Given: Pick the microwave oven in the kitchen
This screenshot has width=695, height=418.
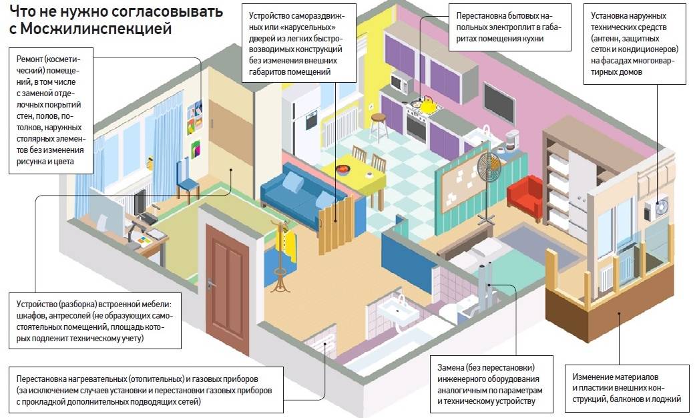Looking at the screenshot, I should tap(400, 83).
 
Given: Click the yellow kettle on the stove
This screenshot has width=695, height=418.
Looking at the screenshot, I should tap(426, 103).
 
